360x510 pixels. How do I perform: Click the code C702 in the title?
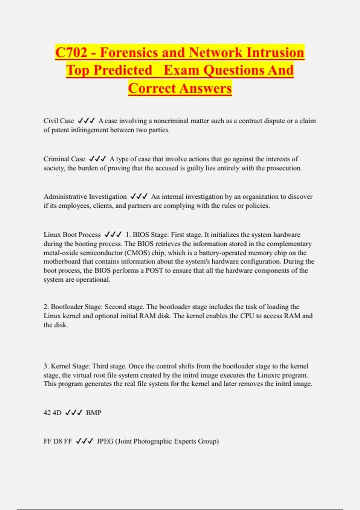click(x=71, y=52)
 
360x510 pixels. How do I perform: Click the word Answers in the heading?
click(x=206, y=88)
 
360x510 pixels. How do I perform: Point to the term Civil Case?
click(x=59, y=121)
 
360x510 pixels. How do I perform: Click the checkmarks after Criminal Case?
click(x=97, y=159)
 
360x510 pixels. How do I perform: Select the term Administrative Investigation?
click(x=85, y=196)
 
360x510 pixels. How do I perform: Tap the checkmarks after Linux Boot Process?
click(x=113, y=235)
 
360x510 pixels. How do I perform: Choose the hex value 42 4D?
click(x=52, y=413)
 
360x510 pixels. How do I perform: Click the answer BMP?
click(x=94, y=413)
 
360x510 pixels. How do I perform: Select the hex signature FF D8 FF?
click(x=58, y=441)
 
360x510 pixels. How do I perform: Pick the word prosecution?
click(x=284, y=168)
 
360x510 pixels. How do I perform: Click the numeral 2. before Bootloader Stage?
click(x=46, y=307)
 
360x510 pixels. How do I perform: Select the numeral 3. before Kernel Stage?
click(x=46, y=366)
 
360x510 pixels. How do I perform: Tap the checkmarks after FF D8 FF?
click(x=84, y=441)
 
